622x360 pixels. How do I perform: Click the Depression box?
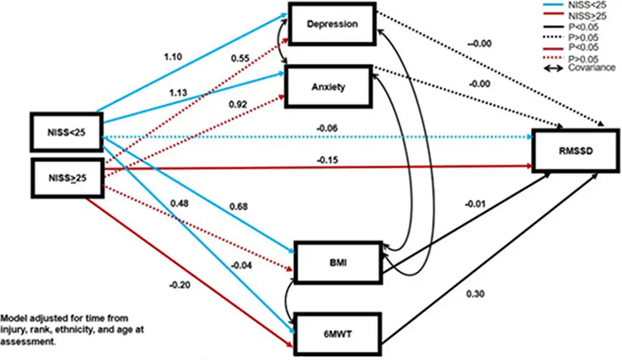[x=332, y=24]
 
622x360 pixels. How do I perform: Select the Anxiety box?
[x=332, y=87]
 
